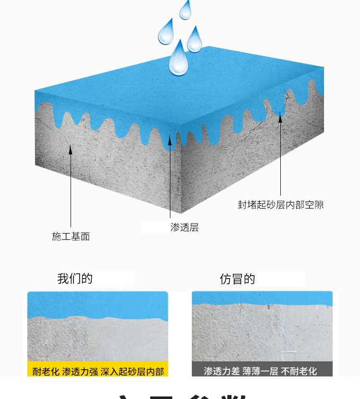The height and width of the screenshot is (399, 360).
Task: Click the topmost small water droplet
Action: click(185, 10)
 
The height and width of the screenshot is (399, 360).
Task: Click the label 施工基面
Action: click(71, 236)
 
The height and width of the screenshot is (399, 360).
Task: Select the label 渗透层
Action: click(184, 227)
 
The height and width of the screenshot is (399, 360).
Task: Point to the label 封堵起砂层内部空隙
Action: click(281, 205)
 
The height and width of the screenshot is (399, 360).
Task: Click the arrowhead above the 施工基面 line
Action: click(71, 150)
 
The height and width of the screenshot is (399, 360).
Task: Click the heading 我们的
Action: click(75, 279)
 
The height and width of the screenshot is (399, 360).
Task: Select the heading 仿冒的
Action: click(238, 279)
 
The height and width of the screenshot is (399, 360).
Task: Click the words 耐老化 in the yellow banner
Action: click(46, 372)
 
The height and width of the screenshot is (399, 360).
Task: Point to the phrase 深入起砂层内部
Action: click(132, 372)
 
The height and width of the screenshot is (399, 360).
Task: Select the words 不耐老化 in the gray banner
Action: click(299, 372)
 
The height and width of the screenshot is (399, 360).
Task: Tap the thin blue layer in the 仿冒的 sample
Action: click(262, 298)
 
